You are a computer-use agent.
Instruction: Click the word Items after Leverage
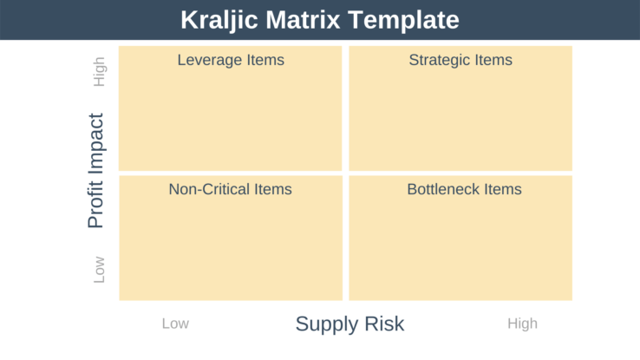[x=264, y=61]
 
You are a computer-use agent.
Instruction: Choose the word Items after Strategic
[x=493, y=61]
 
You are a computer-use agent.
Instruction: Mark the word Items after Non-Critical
[x=272, y=189]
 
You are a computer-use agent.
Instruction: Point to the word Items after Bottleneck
[x=502, y=189]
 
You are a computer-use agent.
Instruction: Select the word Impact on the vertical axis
[x=96, y=147]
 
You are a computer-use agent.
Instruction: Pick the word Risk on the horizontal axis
[x=384, y=324]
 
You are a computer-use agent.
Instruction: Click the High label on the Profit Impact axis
[x=100, y=72]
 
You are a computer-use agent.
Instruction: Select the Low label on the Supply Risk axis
[x=175, y=324]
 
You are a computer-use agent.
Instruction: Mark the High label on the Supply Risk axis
[x=522, y=324]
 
